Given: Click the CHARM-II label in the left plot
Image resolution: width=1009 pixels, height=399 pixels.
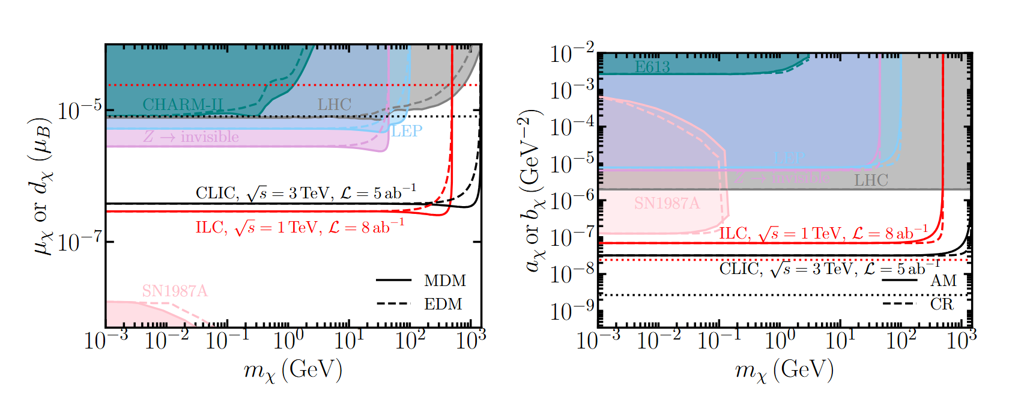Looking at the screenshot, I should point(183,105).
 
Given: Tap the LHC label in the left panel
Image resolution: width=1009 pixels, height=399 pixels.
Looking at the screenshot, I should point(335,105).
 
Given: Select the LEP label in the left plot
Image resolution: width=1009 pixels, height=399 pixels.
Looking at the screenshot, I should point(407,131).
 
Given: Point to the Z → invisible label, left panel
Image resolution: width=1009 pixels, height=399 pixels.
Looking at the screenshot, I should point(191,138).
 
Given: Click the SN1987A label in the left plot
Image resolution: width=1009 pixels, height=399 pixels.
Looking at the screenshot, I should point(175,291).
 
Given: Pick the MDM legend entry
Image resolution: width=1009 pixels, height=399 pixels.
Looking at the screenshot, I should point(444,281).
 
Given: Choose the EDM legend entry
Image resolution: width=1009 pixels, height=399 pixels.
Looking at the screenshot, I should point(443,305).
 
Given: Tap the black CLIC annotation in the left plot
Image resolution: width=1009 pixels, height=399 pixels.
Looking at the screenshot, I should point(306,193).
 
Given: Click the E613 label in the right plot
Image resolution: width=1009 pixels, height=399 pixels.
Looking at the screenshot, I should point(652,67).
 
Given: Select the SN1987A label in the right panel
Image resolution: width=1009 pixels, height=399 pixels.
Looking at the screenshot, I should point(667,204).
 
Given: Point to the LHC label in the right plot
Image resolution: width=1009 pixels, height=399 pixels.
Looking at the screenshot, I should point(871,180).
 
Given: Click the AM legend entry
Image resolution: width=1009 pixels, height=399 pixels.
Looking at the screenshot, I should point(944,281).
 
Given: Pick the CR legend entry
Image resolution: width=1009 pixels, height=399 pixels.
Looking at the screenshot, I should point(942,305).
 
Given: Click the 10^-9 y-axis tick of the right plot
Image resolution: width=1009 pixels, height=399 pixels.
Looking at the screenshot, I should point(571,311).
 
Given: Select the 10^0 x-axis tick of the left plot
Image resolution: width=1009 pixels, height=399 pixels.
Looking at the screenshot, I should point(288,341).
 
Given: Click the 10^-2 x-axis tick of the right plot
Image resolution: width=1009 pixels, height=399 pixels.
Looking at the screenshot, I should point(658,341).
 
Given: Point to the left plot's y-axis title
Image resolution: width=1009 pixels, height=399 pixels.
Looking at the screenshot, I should point(42,186).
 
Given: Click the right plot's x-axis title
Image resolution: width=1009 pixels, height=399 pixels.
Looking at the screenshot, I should point(784,371).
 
